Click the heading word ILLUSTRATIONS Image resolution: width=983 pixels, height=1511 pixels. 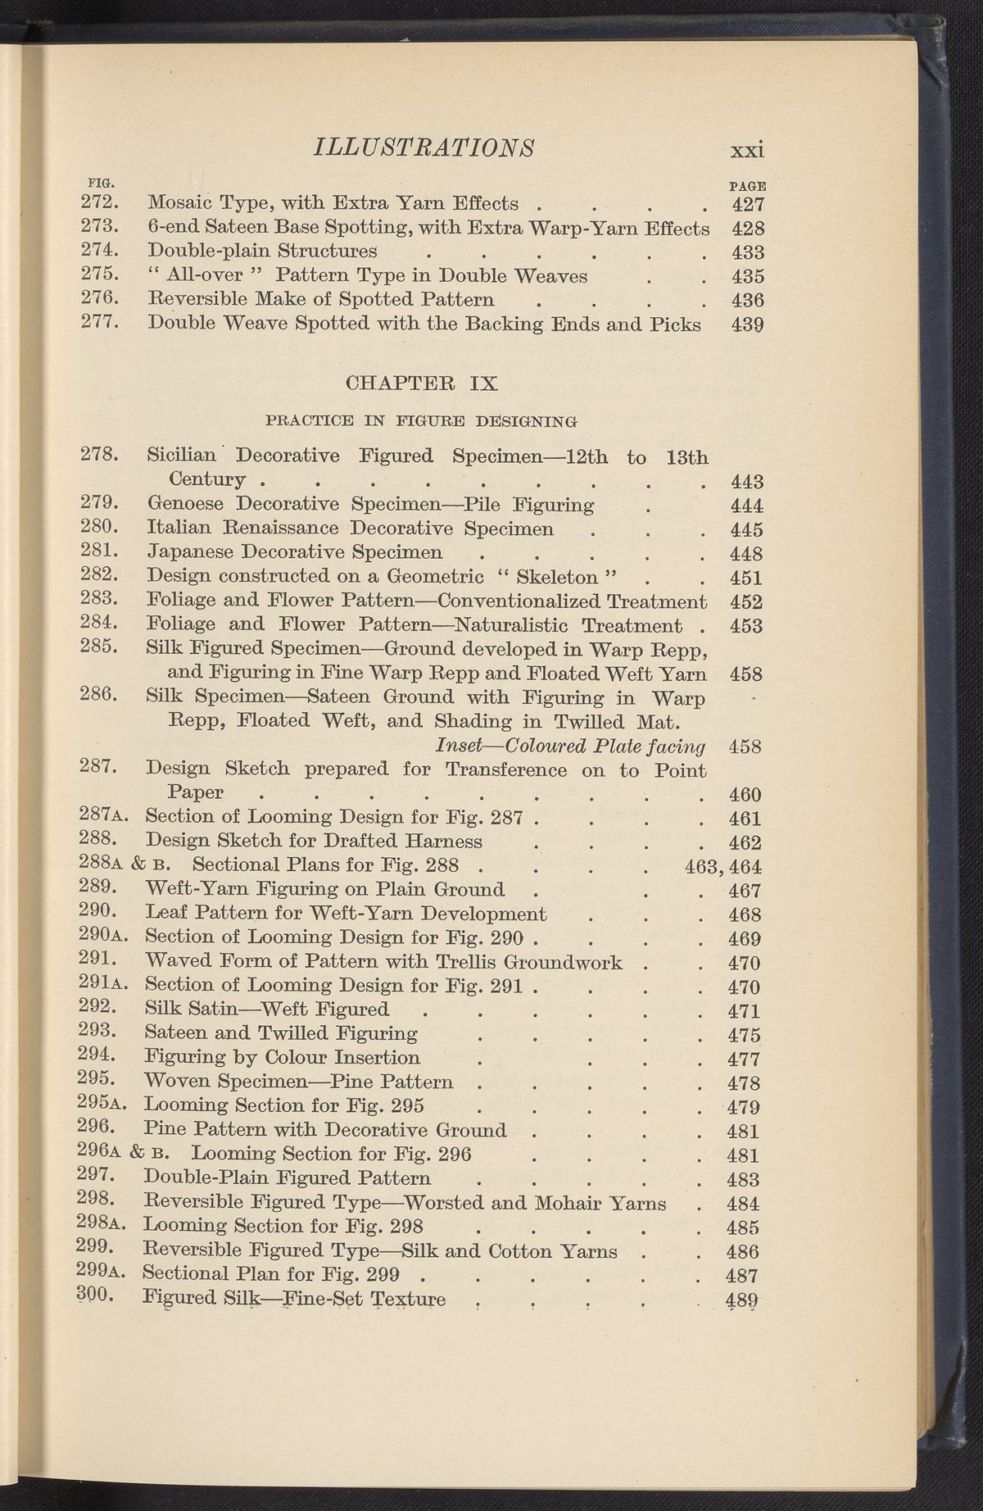[x=425, y=147]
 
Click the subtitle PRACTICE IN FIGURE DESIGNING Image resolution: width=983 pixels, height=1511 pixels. [x=422, y=421]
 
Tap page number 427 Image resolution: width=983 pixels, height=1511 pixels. [x=746, y=204]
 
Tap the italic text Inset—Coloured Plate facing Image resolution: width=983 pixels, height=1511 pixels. [x=571, y=746]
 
